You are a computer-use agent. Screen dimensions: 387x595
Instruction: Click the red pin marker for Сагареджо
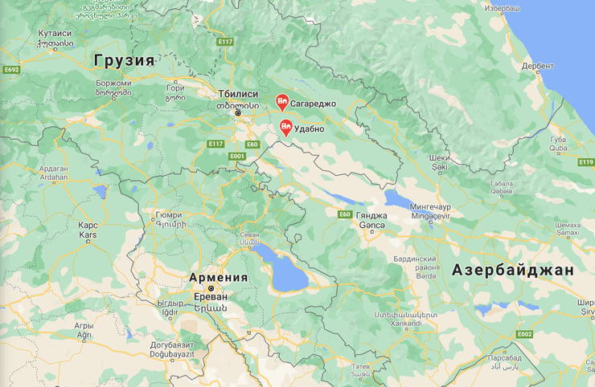click(281, 102)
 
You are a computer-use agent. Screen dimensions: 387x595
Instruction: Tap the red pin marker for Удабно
click(286, 127)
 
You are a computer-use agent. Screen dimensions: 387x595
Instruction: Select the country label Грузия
click(124, 60)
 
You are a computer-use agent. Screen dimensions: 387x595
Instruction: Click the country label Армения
click(218, 277)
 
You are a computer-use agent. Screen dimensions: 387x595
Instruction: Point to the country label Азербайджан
click(512, 270)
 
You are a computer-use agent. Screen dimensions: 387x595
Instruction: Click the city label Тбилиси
click(238, 94)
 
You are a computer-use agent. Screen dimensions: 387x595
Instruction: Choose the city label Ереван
click(211, 295)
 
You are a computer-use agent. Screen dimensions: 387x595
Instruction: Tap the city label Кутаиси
click(55, 34)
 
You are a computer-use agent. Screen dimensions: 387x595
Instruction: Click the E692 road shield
click(10, 70)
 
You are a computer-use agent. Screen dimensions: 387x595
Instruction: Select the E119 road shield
click(585, 161)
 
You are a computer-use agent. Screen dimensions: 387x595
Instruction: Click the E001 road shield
click(236, 156)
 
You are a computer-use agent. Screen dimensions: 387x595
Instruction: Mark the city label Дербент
click(537, 67)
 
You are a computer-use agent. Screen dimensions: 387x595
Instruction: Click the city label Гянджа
click(371, 216)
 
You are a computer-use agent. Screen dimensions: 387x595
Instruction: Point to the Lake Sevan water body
click(279, 268)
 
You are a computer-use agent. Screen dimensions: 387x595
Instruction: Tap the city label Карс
click(88, 226)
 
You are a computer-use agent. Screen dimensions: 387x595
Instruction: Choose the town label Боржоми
click(113, 83)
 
